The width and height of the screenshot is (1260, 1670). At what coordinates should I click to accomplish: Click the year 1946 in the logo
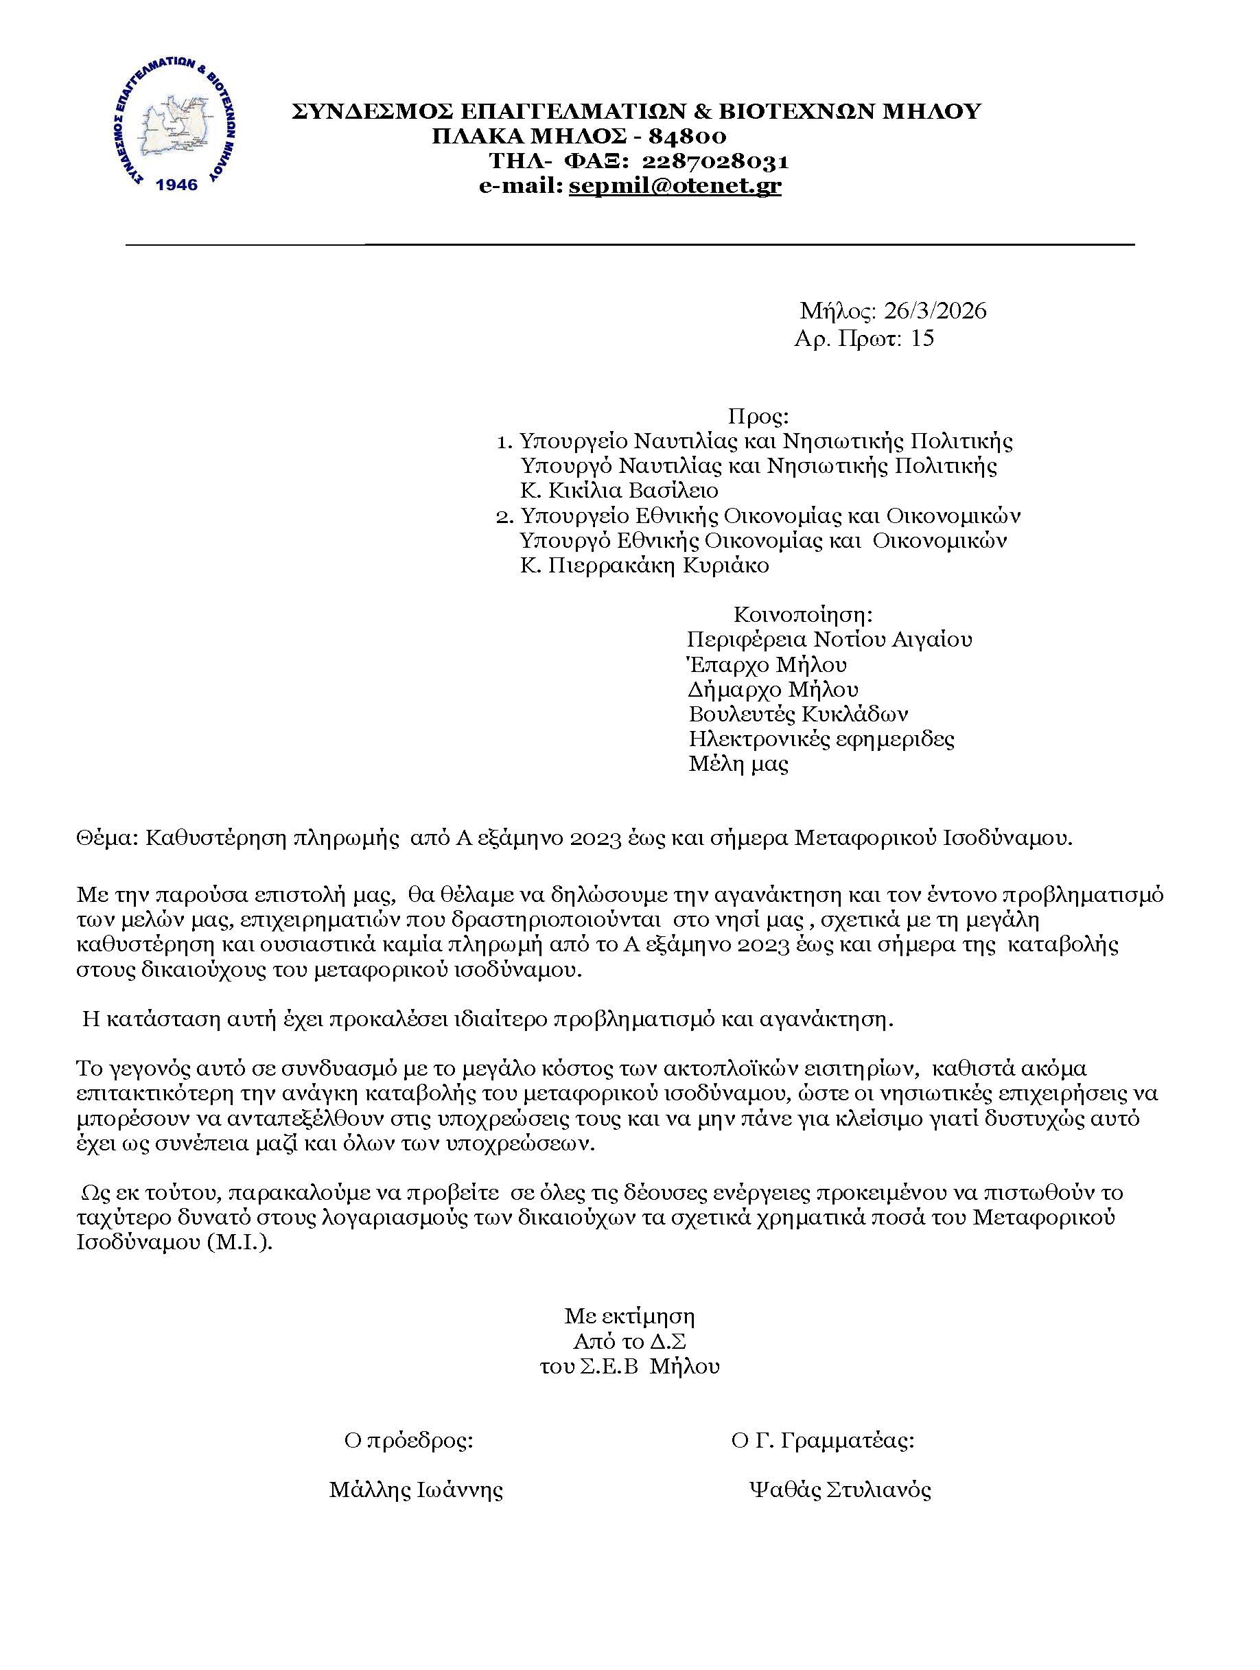(176, 184)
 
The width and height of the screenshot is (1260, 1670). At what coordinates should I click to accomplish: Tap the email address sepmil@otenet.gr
(675, 186)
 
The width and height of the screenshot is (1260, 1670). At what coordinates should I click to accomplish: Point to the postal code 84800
(688, 136)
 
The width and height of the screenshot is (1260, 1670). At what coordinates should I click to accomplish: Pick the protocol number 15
(922, 338)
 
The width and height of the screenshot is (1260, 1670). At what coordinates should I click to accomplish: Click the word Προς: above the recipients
(758, 416)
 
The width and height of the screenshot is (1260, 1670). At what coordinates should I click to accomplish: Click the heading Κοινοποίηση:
(803, 614)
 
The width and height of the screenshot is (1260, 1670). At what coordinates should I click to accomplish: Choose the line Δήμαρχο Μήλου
(773, 689)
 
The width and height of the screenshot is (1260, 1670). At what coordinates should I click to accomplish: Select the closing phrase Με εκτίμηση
(629, 1317)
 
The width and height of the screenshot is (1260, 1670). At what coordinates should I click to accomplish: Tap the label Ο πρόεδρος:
(408, 1441)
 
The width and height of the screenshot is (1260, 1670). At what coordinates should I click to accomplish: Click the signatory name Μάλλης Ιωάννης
(416, 1490)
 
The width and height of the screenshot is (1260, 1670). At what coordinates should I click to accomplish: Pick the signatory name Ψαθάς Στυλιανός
(839, 1490)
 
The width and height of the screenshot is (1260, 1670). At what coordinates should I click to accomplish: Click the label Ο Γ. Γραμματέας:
(823, 1441)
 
